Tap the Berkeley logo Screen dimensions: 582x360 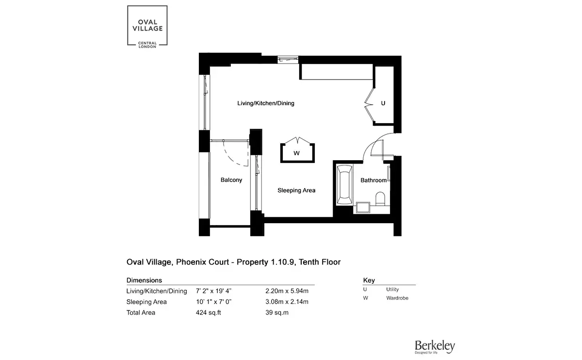pos(435,347)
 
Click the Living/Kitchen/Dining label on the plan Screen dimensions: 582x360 pos(266,103)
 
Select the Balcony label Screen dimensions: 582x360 pos(231,180)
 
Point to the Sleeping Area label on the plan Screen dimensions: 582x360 pos(296,190)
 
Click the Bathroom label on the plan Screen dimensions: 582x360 pos(373,180)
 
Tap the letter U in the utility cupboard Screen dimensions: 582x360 pos(383,103)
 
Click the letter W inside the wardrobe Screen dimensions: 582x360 pos(296,153)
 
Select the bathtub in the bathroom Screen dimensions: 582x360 pos(344,185)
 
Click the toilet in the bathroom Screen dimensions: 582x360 pos(380,198)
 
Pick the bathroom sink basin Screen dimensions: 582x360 pos(363,208)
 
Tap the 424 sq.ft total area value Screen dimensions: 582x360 pos(209,312)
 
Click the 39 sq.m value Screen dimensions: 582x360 pos(277,312)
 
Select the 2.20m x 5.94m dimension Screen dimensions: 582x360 pos(287,291)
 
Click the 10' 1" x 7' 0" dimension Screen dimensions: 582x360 pos(213,302)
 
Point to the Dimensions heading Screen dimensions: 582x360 pos(144,280)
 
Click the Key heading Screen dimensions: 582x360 pos(369,280)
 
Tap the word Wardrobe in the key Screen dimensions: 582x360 pos(397,298)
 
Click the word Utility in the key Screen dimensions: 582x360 pos(392,289)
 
